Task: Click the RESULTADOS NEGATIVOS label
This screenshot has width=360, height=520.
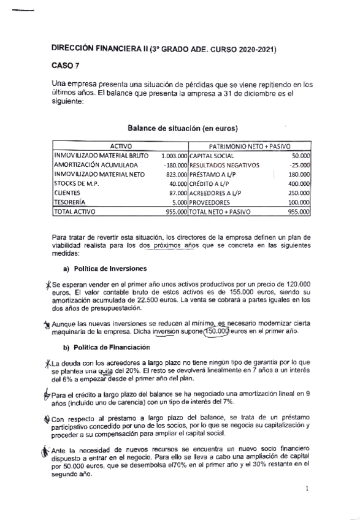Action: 224,165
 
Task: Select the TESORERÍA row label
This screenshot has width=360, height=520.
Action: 71,202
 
